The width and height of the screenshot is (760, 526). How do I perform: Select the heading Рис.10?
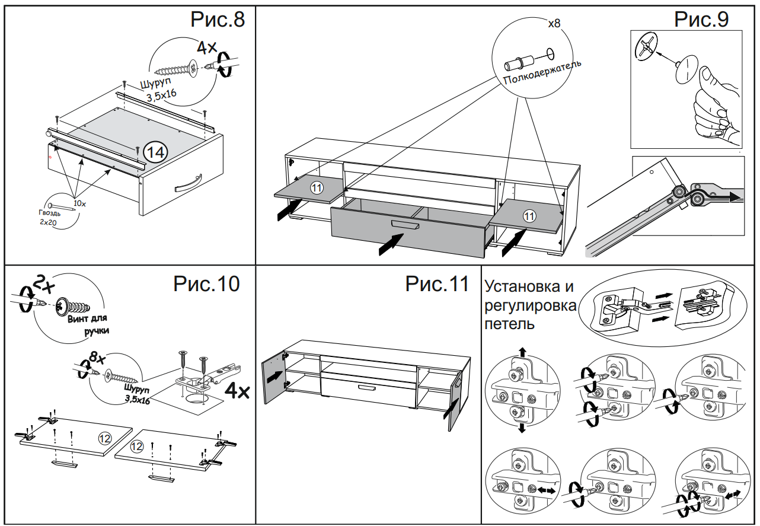click(206, 283)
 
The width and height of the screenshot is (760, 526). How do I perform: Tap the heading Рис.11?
click(436, 283)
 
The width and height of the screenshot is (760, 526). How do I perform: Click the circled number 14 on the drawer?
click(155, 152)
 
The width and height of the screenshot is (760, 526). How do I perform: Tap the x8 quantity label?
click(554, 24)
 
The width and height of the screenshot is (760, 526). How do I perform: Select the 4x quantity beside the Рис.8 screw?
click(207, 47)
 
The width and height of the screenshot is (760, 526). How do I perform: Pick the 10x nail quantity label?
click(79, 203)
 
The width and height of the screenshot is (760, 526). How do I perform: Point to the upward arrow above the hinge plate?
click(522, 352)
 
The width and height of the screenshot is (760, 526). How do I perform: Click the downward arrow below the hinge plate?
click(522, 428)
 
